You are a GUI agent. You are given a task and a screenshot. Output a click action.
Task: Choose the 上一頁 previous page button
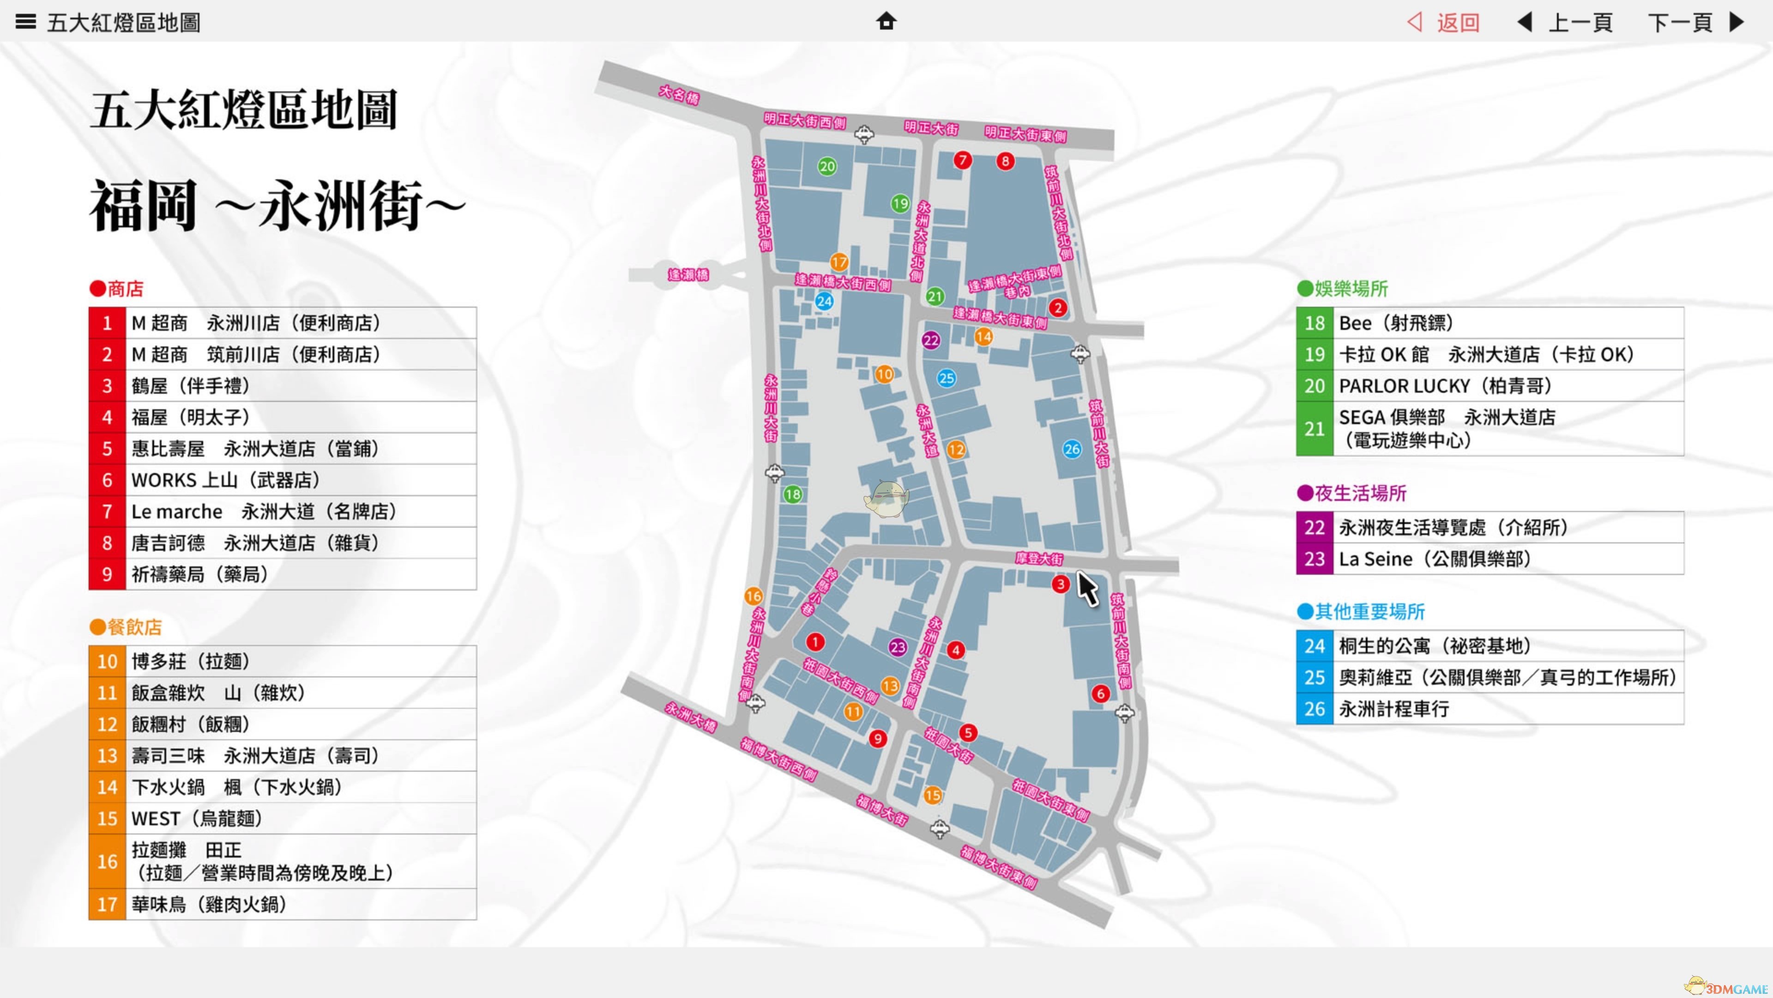(1565, 23)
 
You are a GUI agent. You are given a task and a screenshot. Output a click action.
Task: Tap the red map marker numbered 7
(962, 160)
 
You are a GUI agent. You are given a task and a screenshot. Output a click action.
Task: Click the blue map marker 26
(1072, 449)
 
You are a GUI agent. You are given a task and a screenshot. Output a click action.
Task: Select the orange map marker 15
(933, 795)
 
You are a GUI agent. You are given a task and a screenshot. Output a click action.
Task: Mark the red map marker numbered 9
(877, 738)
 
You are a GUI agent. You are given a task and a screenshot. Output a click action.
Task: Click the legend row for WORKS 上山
(282, 480)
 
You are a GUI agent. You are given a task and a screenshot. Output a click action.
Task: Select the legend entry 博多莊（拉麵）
(282, 661)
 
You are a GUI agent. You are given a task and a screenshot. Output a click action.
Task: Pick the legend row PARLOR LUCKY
(1490, 386)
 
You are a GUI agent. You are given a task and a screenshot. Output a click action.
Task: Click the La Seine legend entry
(1490, 559)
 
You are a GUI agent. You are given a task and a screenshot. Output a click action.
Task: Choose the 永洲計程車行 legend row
(1490, 709)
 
